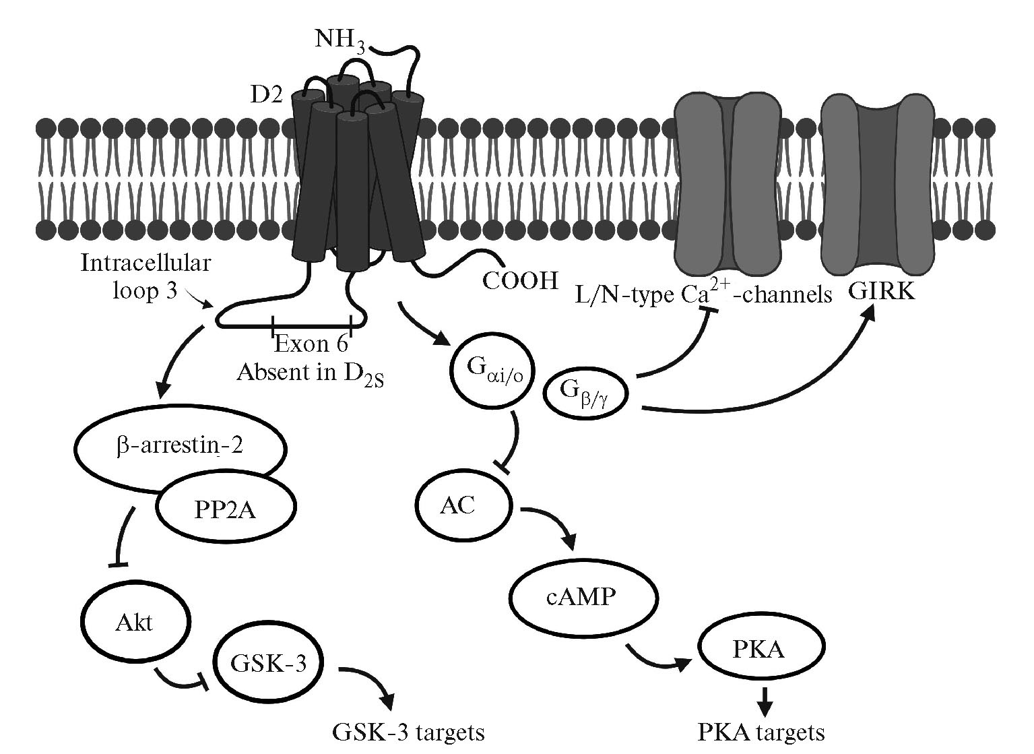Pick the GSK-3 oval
[x=269, y=664]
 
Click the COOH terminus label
[x=521, y=280]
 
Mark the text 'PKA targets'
[x=761, y=732]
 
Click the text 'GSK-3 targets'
[x=409, y=732]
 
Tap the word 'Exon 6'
[x=311, y=344]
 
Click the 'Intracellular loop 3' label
[x=145, y=276]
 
